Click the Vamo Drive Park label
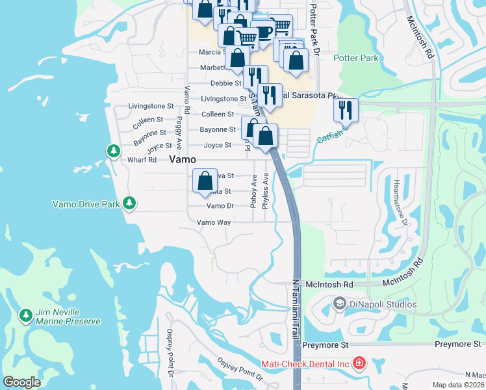click(x=86, y=204)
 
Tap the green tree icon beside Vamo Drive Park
click(x=129, y=203)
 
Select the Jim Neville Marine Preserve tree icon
click(x=25, y=316)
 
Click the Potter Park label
click(x=355, y=58)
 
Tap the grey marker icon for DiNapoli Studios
click(x=339, y=304)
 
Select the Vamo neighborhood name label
click(x=183, y=160)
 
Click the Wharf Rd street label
click(x=143, y=160)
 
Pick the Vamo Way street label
click(x=214, y=222)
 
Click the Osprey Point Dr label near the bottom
click(x=240, y=372)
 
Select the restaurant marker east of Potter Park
click(x=345, y=109)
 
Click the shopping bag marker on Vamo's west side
click(x=205, y=181)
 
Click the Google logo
click(x=21, y=382)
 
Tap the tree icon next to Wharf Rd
click(x=114, y=151)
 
